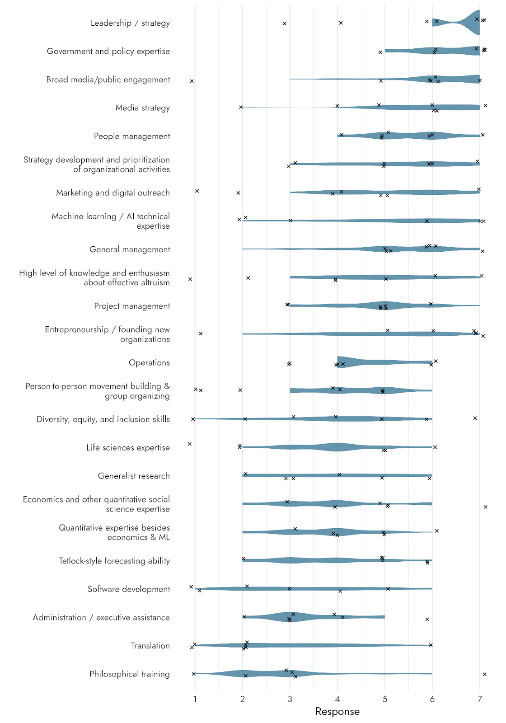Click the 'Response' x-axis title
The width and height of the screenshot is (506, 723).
click(x=337, y=712)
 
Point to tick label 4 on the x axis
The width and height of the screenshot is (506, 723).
click(x=337, y=700)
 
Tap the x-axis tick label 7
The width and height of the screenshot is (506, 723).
click(x=480, y=700)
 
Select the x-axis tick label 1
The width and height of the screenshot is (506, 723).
click(x=195, y=700)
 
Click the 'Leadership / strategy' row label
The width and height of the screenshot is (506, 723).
click(x=130, y=23)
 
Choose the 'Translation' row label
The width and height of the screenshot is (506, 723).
click(x=150, y=646)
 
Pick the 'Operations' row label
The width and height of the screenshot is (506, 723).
click(x=149, y=363)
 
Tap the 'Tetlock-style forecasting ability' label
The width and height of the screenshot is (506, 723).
click(x=114, y=561)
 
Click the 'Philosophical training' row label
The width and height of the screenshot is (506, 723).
click(x=130, y=674)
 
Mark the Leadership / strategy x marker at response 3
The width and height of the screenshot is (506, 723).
click(x=285, y=23)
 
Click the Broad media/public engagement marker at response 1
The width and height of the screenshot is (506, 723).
click(x=192, y=81)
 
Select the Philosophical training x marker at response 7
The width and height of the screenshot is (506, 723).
click(x=485, y=674)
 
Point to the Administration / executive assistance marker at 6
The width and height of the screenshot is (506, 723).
click(x=427, y=620)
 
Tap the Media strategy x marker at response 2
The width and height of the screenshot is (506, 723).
click(x=241, y=107)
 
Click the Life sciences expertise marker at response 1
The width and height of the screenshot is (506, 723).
click(x=190, y=444)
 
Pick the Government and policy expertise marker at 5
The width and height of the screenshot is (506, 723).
click(x=380, y=52)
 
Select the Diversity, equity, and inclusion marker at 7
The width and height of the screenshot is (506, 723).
click(x=475, y=418)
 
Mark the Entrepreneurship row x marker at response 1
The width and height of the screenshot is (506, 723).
click(x=201, y=334)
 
